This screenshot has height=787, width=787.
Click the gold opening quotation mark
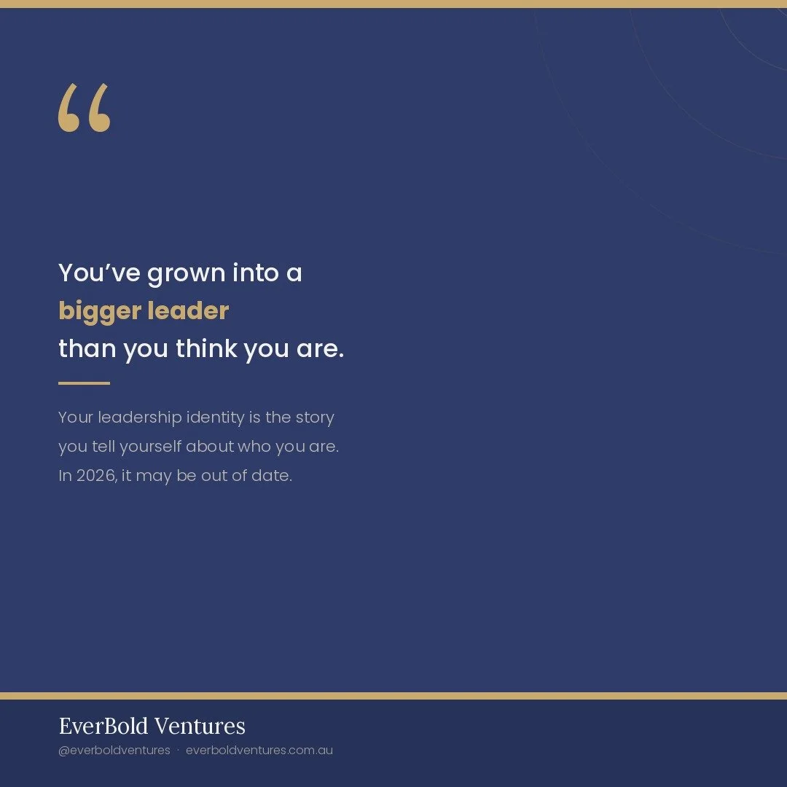pyautogui.click(x=85, y=108)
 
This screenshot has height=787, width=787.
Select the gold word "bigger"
pyautogui.click(x=99, y=312)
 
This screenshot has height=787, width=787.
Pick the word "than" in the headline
pyautogui.click(x=87, y=349)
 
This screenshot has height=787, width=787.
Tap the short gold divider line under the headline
pyautogui.click(x=84, y=383)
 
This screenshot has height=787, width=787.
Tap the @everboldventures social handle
pyautogui.click(x=114, y=750)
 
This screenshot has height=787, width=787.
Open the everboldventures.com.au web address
pyautogui.click(x=259, y=750)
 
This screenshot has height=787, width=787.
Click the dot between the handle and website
pyautogui.click(x=178, y=750)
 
